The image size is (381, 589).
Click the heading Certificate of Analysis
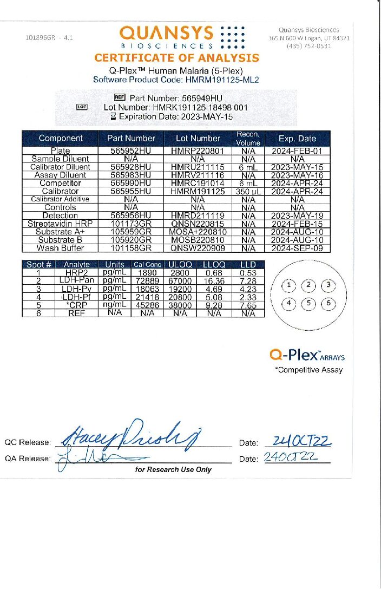click(176, 58)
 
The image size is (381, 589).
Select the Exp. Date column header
click(297, 138)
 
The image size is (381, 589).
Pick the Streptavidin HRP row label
click(60, 224)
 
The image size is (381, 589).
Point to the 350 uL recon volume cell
click(248, 191)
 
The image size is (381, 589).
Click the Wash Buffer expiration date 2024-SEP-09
click(297, 248)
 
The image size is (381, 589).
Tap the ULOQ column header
click(181, 265)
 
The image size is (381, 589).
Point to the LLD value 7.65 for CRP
click(248, 305)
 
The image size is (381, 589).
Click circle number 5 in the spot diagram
click(308, 303)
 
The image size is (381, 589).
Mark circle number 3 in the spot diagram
click(327, 285)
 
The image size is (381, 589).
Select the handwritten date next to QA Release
click(289, 459)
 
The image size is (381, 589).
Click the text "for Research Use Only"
click(173, 469)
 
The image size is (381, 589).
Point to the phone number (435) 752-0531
click(309, 46)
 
